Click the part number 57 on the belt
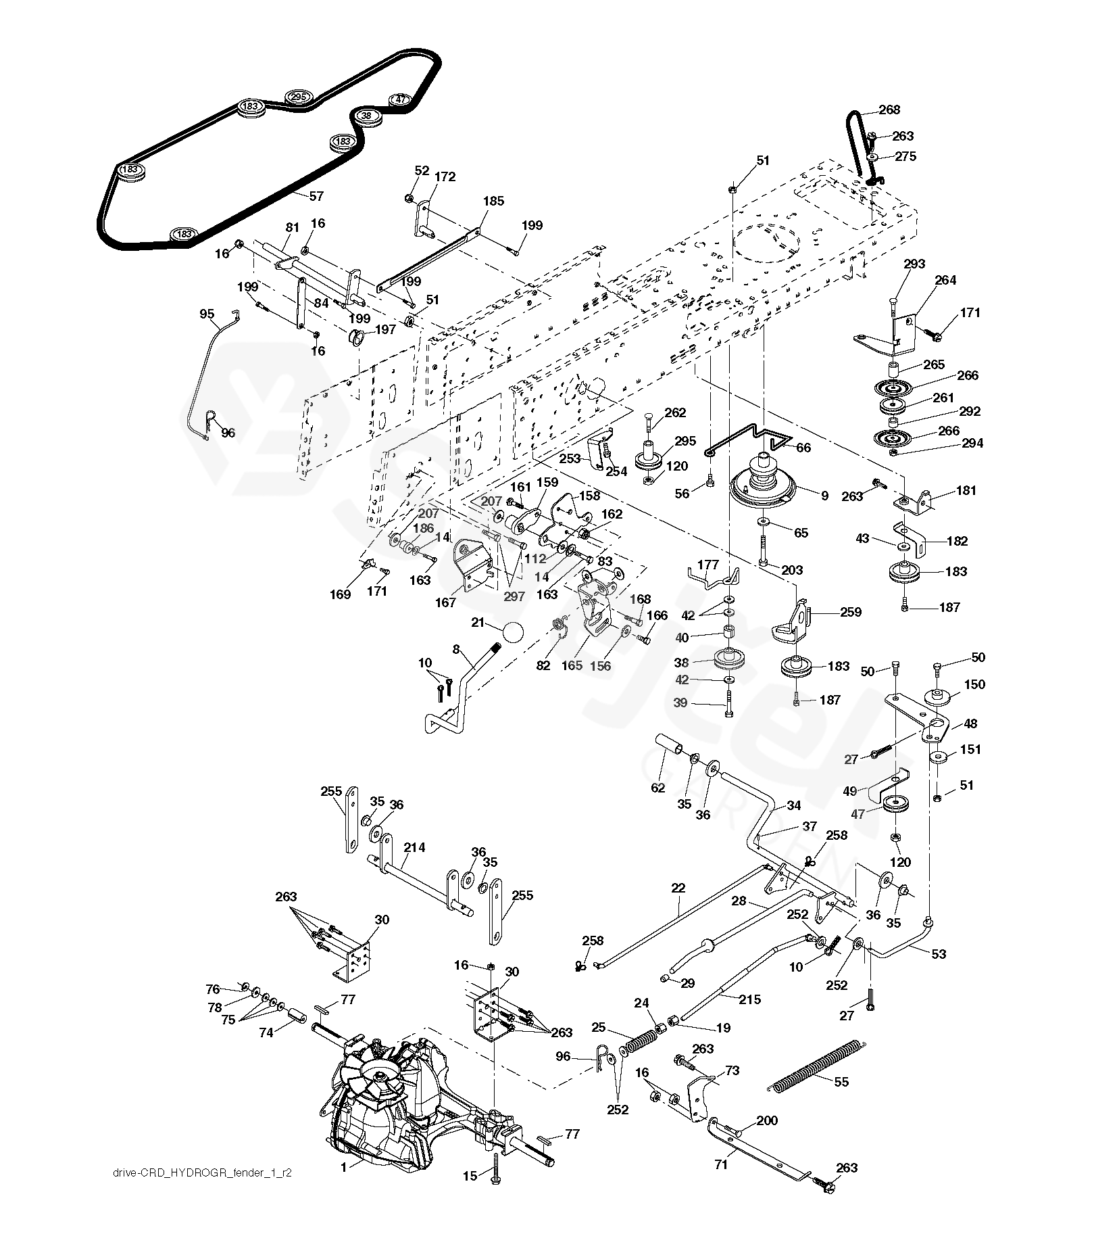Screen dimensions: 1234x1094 coord(316,197)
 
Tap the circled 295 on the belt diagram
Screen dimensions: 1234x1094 coord(298,97)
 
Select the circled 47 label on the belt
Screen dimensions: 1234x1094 coord(401,99)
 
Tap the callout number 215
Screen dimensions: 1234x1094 coord(750,999)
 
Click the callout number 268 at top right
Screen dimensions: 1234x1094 coord(889,110)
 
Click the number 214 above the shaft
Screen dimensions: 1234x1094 coord(414,847)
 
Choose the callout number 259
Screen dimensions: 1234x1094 coord(851,612)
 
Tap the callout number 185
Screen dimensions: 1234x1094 coord(494,201)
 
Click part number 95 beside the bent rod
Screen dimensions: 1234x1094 coord(207,314)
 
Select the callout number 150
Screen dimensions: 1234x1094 coord(974,684)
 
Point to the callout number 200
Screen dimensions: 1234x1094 coord(767,1120)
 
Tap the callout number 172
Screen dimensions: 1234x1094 coord(445,177)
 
